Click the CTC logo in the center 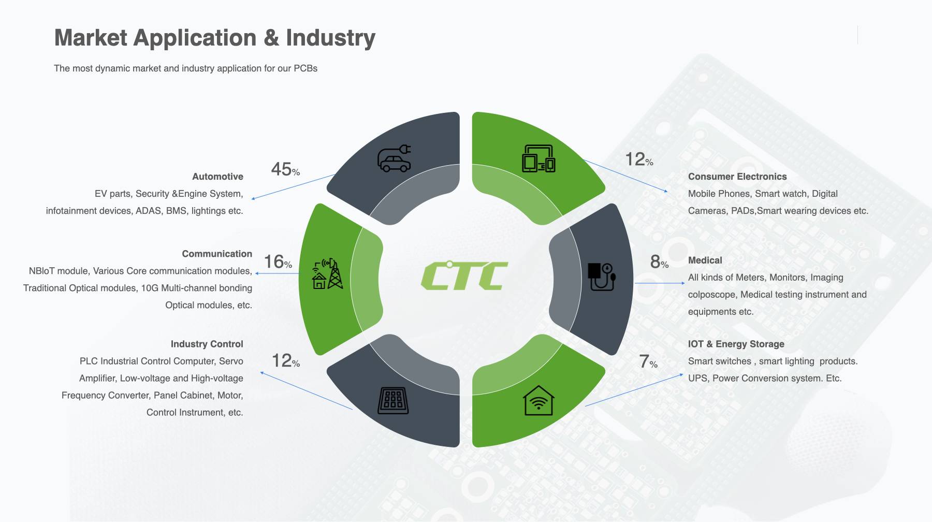(x=464, y=275)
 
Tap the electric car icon (x=394, y=158)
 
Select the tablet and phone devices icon (x=538, y=158)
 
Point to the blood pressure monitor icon (x=602, y=277)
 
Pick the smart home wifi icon (x=538, y=400)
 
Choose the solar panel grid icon (x=394, y=400)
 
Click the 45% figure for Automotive (x=285, y=169)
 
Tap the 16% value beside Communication (x=278, y=262)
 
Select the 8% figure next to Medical (x=659, y=262)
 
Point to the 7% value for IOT (x=648, y=361)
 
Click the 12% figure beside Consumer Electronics (x=639, y=159)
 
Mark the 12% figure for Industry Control (x=285, y=360)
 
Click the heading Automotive (x=217, y=177)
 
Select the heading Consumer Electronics (x=737, y=177)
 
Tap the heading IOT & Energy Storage (x=736, y=344)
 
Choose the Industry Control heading (x=207, y=344)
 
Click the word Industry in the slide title (x=330, y=38)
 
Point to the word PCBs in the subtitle (x=305, y=68)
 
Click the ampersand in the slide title (x=271, y=38)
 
